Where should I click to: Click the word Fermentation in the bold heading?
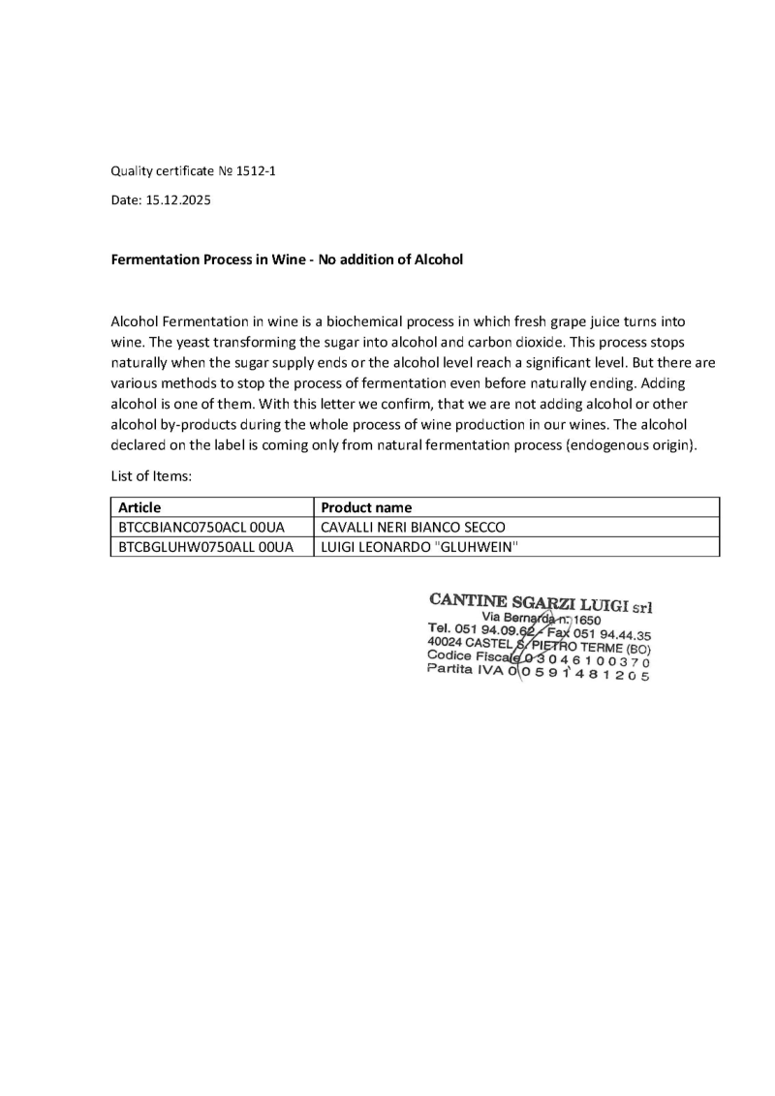(159, 259)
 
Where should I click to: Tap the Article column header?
(139, 507)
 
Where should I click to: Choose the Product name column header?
(366, 507)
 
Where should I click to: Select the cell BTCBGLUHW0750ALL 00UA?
(205, 548)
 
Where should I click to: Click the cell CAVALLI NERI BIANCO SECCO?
(413, 528)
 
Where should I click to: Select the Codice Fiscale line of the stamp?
(538, 658)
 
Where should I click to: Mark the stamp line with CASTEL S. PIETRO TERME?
(539, 645)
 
